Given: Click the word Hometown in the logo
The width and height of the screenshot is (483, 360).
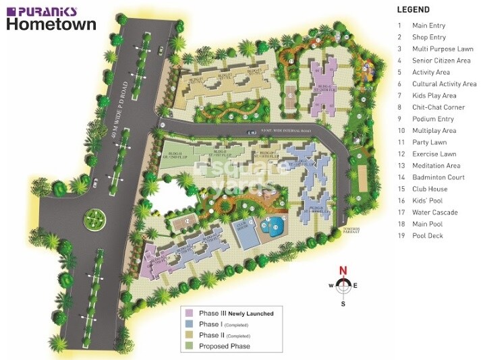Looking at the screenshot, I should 51,24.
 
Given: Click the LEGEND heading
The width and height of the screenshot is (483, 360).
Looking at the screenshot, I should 413,10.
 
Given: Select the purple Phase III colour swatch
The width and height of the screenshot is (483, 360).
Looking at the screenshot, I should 190,313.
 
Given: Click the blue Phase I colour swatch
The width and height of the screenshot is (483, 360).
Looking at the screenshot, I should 190,324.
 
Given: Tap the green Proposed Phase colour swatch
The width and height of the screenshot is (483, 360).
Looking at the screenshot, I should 190,346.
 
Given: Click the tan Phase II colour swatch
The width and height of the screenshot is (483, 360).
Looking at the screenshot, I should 190,335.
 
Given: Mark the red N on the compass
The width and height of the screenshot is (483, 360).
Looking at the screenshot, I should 343,271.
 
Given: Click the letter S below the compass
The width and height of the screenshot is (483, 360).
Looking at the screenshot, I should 343,303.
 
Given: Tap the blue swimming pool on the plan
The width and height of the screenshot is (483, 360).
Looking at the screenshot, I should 275,227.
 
